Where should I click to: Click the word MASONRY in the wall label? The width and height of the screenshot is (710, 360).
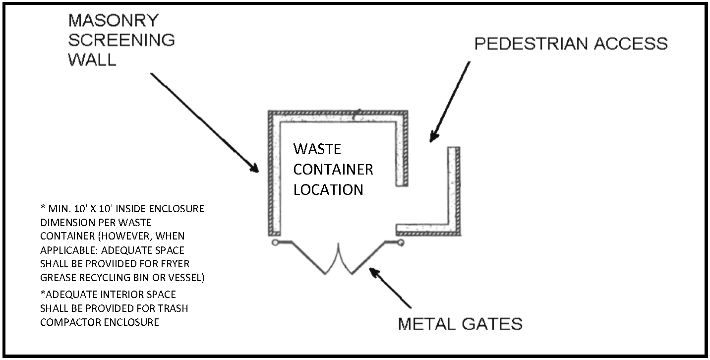113,21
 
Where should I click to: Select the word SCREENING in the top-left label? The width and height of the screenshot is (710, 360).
121,40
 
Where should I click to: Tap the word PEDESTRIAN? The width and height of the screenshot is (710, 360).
531,44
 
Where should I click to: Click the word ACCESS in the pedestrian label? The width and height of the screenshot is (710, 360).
631,44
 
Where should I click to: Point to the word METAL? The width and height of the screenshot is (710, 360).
426,324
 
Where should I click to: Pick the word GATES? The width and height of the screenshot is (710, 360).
492,324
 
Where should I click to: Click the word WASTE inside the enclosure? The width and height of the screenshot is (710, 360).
317,149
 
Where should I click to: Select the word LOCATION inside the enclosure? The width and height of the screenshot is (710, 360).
328,189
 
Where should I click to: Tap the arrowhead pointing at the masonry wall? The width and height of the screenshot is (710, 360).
254,167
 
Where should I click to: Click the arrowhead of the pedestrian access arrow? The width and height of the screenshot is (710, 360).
434,137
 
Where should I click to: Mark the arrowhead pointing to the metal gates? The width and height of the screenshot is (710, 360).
375,273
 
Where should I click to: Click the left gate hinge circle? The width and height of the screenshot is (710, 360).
275,243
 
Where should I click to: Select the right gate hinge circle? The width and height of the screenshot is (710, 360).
401,243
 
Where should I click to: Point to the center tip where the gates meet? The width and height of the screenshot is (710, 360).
339,244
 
